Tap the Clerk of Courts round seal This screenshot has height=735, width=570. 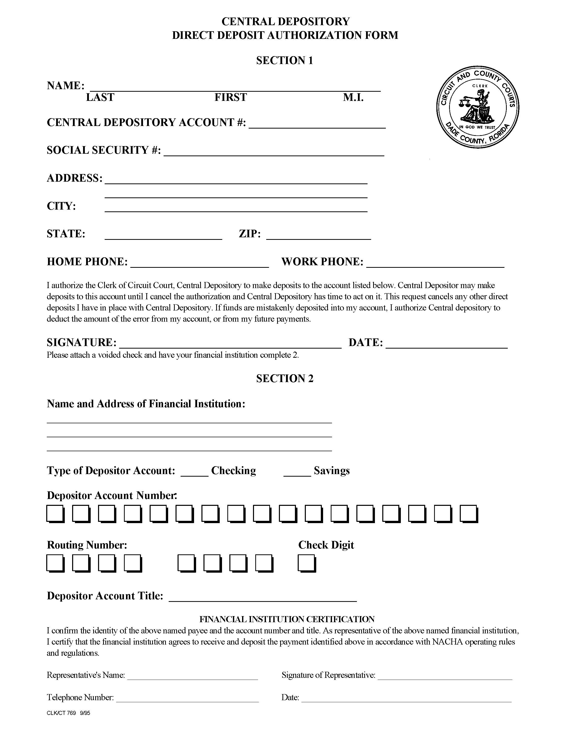coord(478,107)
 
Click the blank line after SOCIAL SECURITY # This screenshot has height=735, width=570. coord(274,152)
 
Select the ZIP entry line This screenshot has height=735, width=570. coord(318,236)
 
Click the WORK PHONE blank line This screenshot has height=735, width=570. coord(435,263)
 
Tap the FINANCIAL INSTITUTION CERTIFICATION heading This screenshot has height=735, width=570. coord(287,619)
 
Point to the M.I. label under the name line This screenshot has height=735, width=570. coord(353,98)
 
